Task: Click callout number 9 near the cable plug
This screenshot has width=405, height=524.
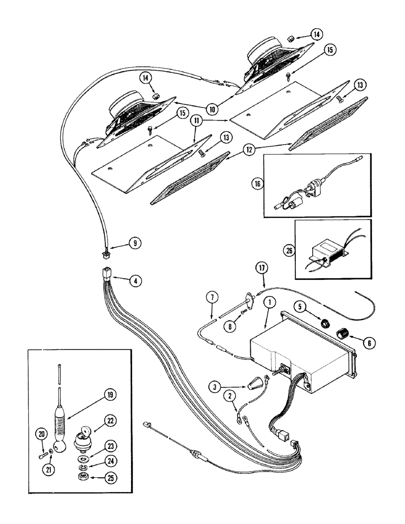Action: (134, 243)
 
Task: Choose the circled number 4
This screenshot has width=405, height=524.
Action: (135, 280)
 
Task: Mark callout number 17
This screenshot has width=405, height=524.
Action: (262, 268)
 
